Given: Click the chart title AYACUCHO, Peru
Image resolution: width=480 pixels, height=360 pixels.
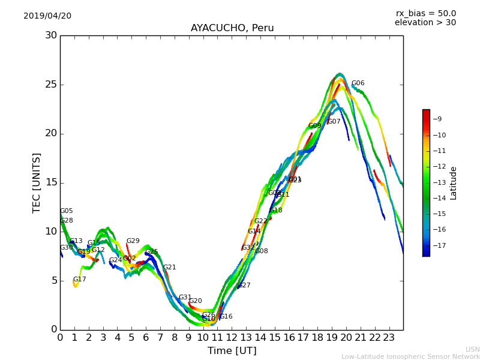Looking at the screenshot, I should [232, 28].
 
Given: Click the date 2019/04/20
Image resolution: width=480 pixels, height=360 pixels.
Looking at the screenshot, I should [47, 16].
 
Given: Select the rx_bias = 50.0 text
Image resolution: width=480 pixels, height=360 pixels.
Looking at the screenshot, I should [425, 14].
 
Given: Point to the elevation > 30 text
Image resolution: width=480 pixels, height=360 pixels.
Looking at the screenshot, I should [425, 23].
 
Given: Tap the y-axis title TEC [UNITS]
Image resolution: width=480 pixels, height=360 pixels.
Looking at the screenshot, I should [37, 182].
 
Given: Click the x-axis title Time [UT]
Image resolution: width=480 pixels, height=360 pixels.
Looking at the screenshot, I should [232, 351].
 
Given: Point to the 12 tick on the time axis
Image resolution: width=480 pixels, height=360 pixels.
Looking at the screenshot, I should [232, 338].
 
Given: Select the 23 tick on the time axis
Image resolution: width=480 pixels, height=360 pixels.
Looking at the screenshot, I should [389, 338].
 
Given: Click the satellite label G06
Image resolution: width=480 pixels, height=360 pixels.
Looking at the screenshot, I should [358, 83].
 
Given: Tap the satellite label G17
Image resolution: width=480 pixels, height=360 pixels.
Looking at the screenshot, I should [79, 280].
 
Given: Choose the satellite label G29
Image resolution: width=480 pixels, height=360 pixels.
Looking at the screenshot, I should [133, 241].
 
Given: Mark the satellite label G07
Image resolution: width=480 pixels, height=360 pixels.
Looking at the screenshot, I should [334, 122].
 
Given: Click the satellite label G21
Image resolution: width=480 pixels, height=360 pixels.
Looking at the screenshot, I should [169, 268].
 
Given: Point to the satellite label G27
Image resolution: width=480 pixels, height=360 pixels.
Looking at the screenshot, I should [244, 286].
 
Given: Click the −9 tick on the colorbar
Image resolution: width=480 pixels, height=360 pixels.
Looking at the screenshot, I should [437, 119].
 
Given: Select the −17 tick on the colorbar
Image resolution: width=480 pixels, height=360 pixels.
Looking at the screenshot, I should [439, 245].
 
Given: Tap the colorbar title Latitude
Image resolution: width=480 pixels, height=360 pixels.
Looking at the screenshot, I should [454, 183].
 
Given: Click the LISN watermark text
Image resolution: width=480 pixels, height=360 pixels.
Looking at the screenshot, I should [472, 349].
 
